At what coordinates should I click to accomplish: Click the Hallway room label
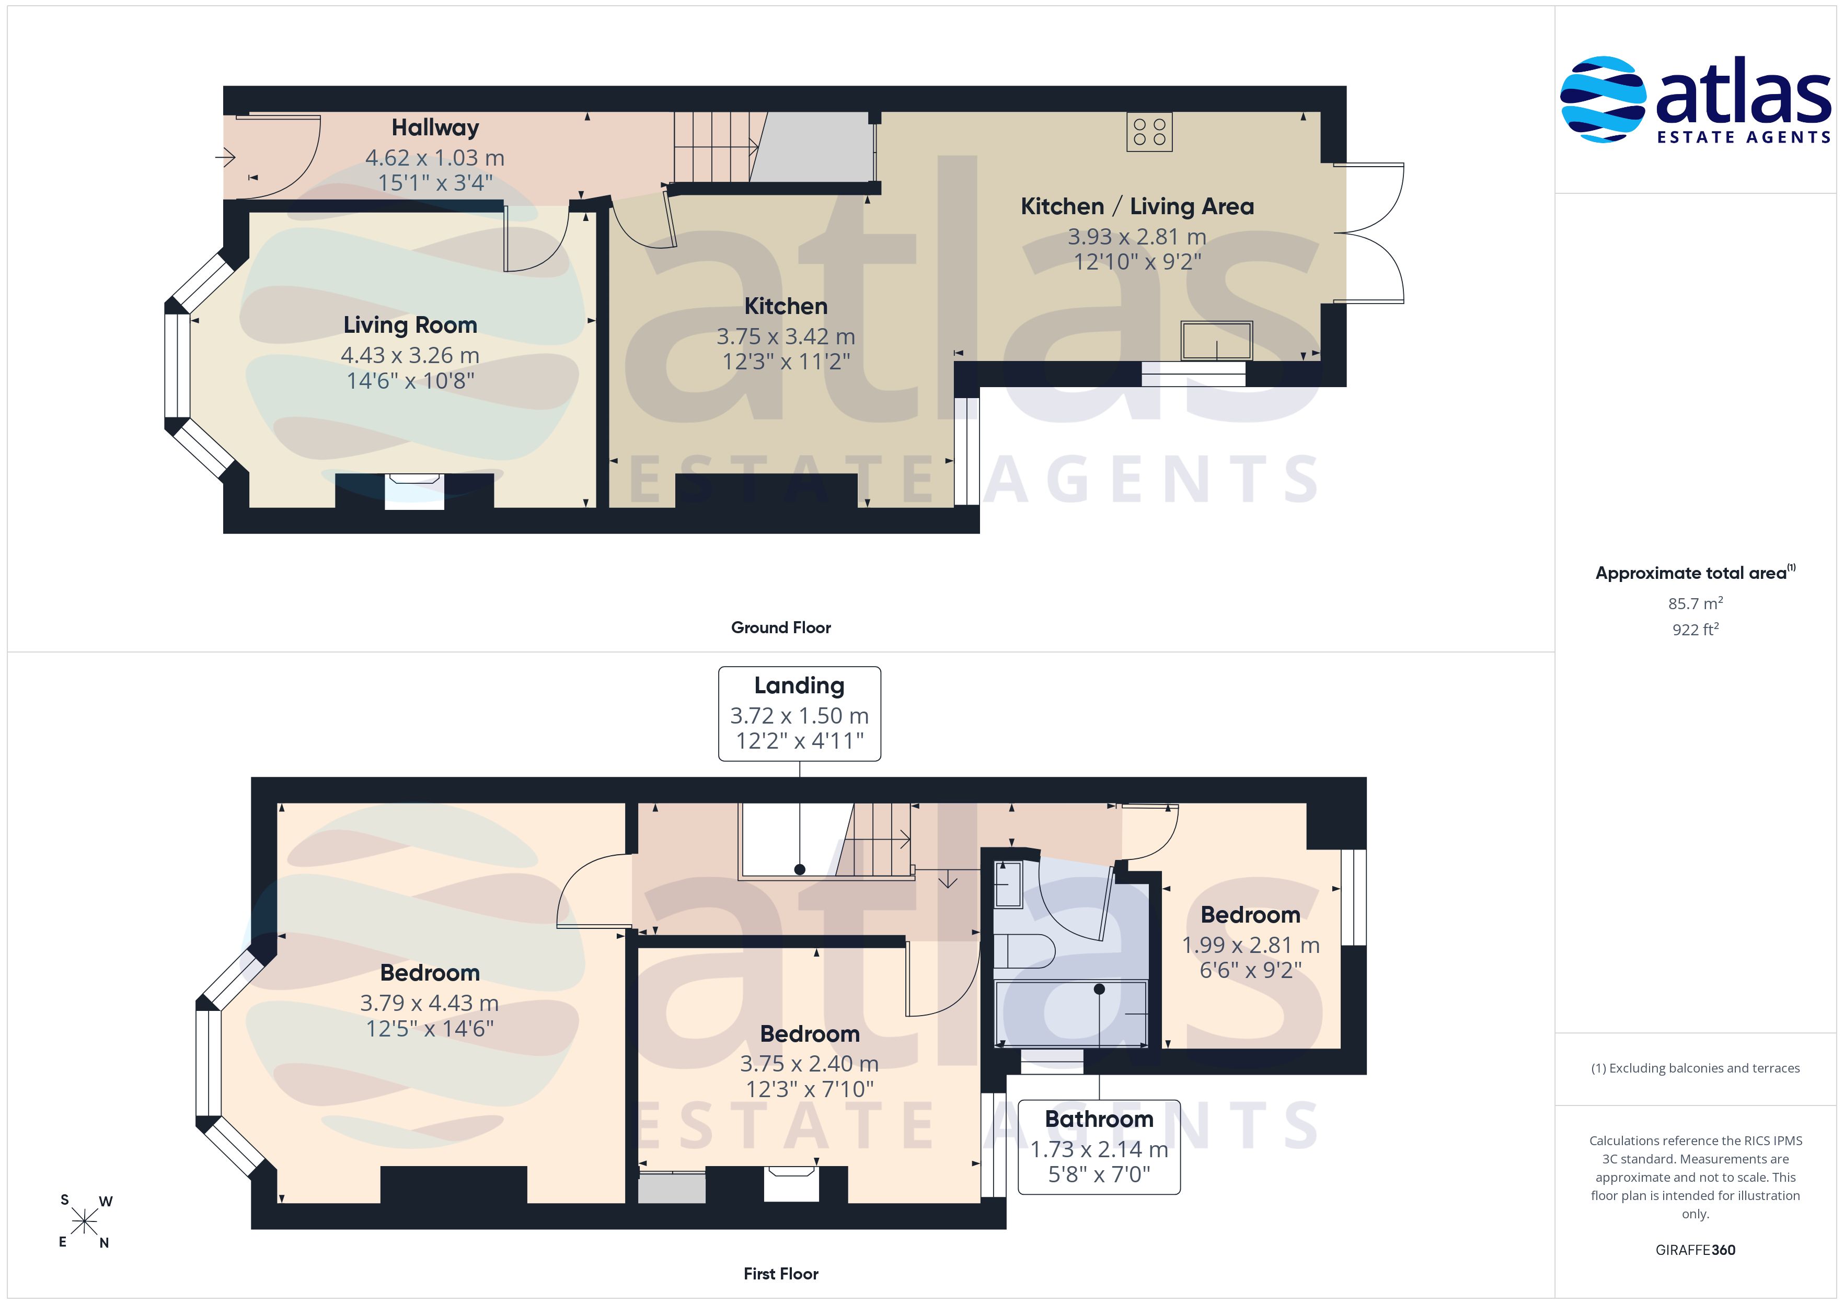[x=435, y=127]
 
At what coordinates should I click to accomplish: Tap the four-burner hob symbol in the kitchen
[x=1149, y=132]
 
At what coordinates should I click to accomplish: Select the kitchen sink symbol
[x=1216, y=341]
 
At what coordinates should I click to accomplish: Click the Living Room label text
[x=410, y=325]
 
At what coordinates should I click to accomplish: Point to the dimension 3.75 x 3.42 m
[x=786, y=336]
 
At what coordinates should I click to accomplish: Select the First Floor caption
[x=781, y=1274]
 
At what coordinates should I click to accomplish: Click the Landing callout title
[x=799, y=686]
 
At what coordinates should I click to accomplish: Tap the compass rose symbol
[x=84, y=1222]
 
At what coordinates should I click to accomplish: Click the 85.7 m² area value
[x=1696, y=603]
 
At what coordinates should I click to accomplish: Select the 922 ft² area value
[x=1696, y=630]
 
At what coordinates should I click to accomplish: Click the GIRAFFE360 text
[x=1696, y=1250]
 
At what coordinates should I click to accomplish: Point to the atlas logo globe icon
[x=1603, y=99]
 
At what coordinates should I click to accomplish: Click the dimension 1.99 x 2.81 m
[x=1250, y=945]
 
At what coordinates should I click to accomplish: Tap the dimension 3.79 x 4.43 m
[x=429, y=1003]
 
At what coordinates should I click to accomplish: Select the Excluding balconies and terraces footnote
[x=1696, y=1068]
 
